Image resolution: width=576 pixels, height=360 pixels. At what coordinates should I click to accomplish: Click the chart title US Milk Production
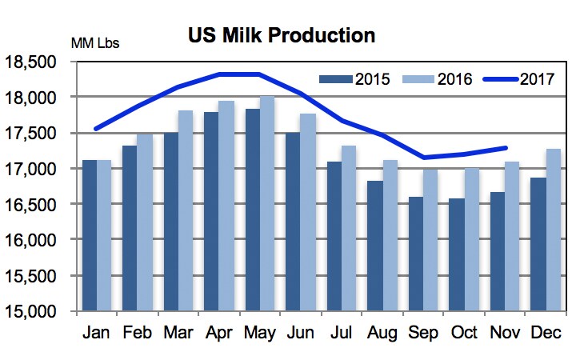[x=282, y=36]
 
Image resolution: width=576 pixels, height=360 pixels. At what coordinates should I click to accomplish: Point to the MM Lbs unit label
[x=96, y=42]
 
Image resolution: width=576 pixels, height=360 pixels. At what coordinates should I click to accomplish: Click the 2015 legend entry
[x=353, y=78]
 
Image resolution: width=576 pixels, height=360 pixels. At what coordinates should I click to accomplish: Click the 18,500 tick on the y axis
[x=38, y=62]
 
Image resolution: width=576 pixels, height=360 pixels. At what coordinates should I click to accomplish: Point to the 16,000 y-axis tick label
[x=38, y=240]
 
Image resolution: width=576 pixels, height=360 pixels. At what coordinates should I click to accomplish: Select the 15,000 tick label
[x=38, y=311]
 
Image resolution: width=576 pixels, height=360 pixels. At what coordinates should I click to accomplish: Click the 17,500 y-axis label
[x=38, y=134]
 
